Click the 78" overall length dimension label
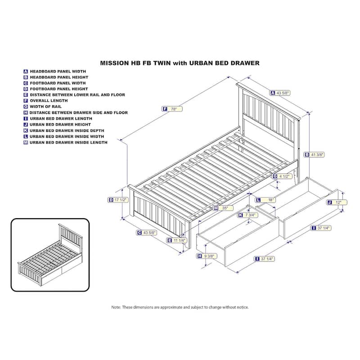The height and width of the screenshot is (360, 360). [x=172, y=109]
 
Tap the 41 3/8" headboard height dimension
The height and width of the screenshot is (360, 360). [x=315, y=155]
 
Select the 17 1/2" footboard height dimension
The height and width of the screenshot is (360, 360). [x=118, y=200]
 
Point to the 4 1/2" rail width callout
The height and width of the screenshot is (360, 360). [x=283, y=176]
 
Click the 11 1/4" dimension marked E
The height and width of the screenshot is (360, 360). [x=177, y=240]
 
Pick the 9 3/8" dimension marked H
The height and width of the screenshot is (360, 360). [x=207, y=256]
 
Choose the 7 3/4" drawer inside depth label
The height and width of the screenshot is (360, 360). [x=248, y=215]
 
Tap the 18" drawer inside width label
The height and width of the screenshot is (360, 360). [x=266, y=200]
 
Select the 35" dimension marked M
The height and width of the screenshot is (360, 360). [x=223, y=208]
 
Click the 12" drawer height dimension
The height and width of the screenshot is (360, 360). [x=337, y=202]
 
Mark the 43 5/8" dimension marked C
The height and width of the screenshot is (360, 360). [x=147, y=233]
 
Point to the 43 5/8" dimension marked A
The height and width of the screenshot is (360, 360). [x=280, y=93]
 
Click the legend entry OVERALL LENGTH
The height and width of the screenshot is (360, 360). [x=46, y=100]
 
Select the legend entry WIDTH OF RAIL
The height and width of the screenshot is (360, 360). [x=42, y=107]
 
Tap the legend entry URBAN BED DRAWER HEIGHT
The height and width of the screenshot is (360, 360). [x=57, y=125]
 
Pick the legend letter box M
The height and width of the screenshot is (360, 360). [x=26, y=142]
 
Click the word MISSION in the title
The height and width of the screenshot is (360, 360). [x=114, y=63]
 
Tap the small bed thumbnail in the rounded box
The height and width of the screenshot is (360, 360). [x=50, y=255]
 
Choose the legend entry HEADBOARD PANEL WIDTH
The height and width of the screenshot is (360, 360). [x=54, y=72]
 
